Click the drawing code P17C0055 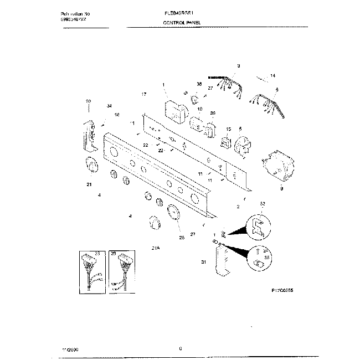pos(283,289)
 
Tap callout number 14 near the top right pos(272,75)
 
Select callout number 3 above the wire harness pos(238,66)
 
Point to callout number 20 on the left pos(88,101)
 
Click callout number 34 pos(109,106)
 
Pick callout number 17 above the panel pos(143,94)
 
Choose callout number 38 pos(199,84)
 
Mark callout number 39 pos(212,113)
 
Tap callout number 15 pos(228,129)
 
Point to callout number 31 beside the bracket pos(203,262)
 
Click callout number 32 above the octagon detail pos(263,204)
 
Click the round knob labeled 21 pos(91,166)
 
